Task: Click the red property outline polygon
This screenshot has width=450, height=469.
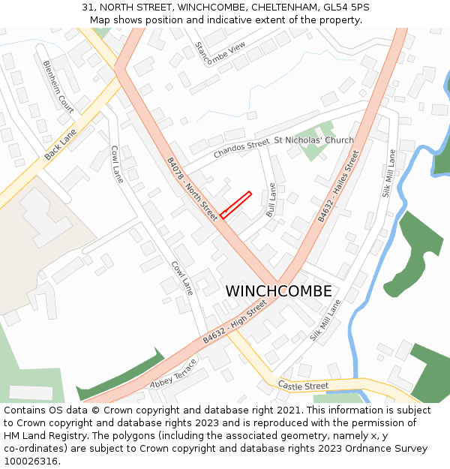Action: coord(235,205)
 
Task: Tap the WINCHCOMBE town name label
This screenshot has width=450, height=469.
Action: coord(278,291)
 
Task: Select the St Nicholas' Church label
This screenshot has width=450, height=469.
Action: coord(313,140)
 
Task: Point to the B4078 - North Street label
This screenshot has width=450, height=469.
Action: coord(191,188)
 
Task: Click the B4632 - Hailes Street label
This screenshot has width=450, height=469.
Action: coord(337,186)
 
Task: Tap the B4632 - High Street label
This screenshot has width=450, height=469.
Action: coord(234,323)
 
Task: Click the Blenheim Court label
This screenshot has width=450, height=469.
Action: coord(58,86)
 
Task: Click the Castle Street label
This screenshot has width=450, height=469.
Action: coord(303,386)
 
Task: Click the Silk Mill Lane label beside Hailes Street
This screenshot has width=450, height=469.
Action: coord(388,173)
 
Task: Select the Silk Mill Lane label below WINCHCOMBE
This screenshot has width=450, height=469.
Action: coord(325,320)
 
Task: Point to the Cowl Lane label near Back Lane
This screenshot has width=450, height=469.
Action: coord(117,164)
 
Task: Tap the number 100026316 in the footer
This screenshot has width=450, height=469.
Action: coord(31,461)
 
